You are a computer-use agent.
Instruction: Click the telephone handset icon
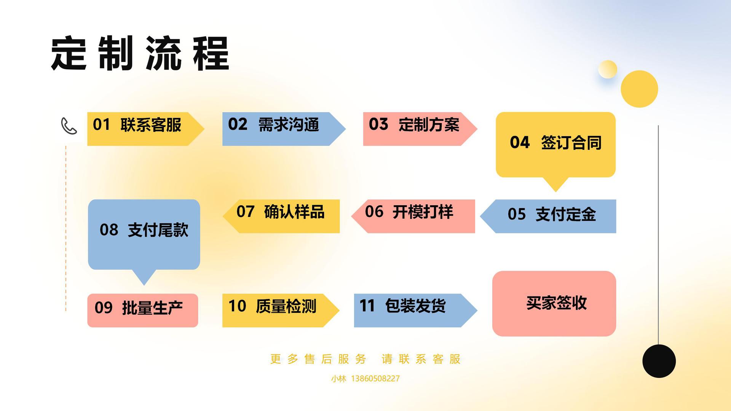[69, 126]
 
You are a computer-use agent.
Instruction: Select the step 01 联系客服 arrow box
[146, 129]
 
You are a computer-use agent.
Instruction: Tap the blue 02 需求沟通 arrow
[284, 129]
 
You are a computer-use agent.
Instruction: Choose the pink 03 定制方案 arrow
[420, 129]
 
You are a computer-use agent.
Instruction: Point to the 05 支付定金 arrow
[548, 216]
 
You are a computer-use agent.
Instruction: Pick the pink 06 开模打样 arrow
[413, 216]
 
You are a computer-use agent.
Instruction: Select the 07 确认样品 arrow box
[281, 216]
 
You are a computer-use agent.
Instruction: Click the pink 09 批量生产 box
[143, 311]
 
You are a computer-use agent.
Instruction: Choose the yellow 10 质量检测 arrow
[281, 311]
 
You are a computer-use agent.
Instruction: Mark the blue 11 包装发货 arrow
[416, 311]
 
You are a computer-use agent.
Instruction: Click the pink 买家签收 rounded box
[554, 304]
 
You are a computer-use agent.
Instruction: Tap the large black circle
[659, 361]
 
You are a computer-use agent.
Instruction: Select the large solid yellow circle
[639, 89]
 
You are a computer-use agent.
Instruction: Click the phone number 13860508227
[375, 379]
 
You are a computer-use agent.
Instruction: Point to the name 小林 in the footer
[338, 379]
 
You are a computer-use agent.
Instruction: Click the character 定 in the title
[69, 53]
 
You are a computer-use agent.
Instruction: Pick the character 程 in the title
[211, 53]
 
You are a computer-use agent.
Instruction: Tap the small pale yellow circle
[608, 69]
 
